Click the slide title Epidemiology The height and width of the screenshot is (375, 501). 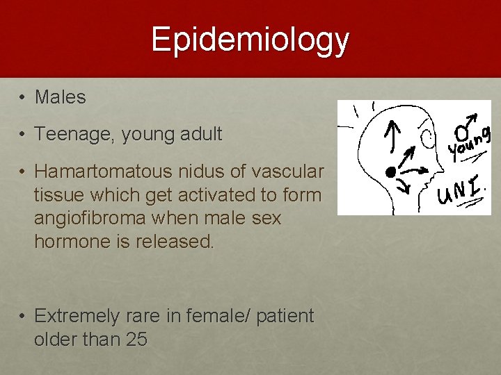click(x=250, y=40)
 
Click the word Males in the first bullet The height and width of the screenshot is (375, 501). click(x=61, y=98)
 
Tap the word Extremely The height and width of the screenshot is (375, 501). click(x=77, y=317)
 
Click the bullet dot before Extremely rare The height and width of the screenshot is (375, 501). click(x=22, y=317)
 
